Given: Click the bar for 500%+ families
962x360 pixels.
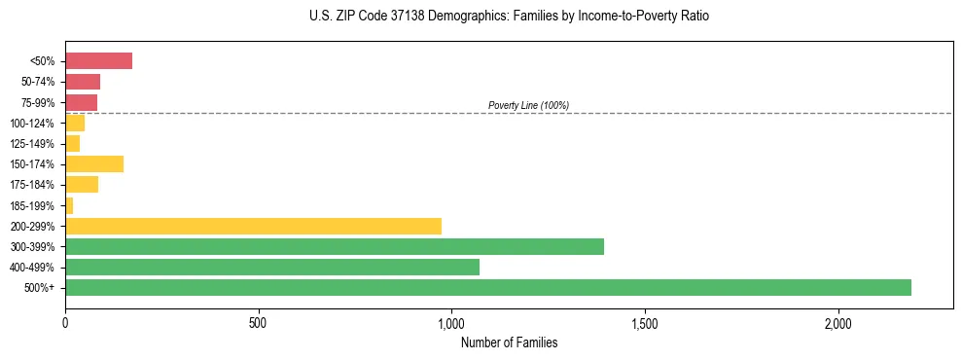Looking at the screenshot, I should click(488, 287).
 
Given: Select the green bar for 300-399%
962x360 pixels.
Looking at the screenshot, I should click(335, 246).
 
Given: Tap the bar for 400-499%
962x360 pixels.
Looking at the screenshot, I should click(272, 267).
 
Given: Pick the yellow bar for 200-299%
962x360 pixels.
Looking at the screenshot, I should click(253, 226).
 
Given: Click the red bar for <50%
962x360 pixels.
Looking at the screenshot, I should click(98, 61).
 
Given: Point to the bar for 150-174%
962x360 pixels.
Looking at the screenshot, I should click(94, 163).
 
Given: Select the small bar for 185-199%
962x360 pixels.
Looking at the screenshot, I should click(69, 205).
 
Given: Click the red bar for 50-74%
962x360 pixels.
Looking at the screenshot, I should click(83, 82).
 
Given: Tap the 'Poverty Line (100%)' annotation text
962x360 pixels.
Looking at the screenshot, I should click(528, 105).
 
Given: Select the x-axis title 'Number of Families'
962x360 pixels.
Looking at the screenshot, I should click(509, 342).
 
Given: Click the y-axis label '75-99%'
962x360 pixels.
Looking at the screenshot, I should click(38, 103).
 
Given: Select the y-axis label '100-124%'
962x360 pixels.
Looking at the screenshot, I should click(35, 124).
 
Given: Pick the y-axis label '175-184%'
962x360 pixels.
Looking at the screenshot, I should click(35, 185).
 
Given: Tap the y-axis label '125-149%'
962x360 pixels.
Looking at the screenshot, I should click(35, 144).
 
